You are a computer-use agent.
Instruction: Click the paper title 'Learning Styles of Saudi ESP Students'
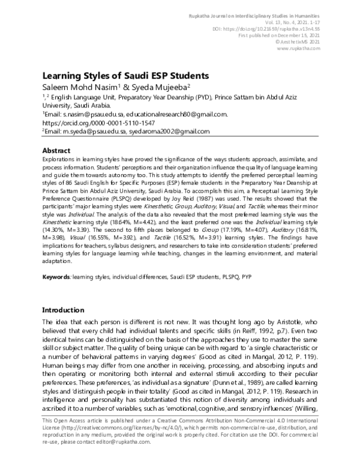(124, 76)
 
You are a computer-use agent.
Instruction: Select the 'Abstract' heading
(59, 150)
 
